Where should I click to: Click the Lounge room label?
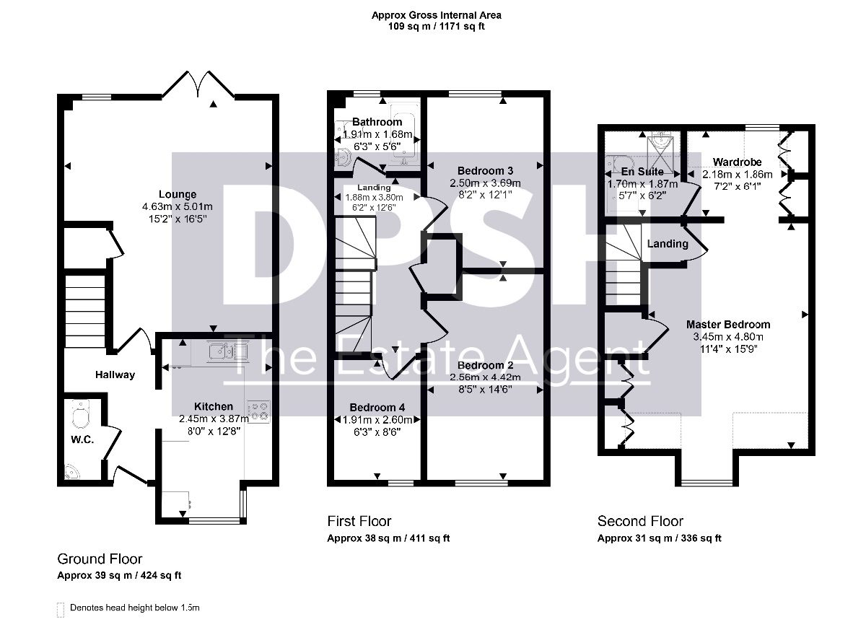(178, 194)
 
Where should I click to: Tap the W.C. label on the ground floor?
(82, 439)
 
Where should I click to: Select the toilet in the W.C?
(80, 414)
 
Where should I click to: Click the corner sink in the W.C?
(71, 473)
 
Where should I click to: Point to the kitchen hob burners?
(258, 411)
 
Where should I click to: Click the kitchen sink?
(222, 351)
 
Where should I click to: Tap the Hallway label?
(115, 374)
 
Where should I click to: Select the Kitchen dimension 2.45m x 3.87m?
(214, 419)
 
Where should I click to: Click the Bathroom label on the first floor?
(377, 122)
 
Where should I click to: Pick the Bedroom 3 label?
(485, 170)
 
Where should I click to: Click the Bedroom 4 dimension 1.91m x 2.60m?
(377, 419)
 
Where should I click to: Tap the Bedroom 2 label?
(485, 365)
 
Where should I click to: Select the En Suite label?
(642, 172)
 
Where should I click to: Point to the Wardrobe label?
(737, 162)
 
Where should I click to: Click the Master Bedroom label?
(728, 324)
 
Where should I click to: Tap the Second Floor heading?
(640, 522)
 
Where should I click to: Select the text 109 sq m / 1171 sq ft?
(437, 27)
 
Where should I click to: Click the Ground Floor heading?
(100, 559)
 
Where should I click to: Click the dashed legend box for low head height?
(61, 610)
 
